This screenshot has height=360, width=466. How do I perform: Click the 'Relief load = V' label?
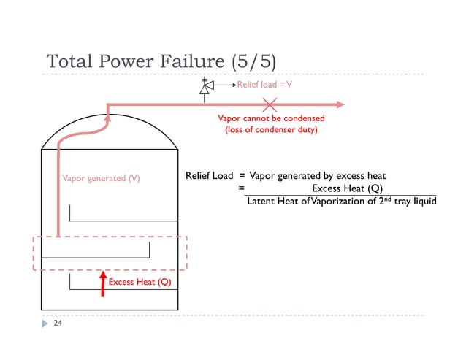tap(264, 85)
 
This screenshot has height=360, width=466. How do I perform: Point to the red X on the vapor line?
tap(270, 105)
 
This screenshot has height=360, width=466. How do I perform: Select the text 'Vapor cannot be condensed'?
tap(271, 118)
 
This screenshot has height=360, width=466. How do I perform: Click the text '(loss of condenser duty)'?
tap(271, 129)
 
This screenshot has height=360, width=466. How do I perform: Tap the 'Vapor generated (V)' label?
tap(101, 178)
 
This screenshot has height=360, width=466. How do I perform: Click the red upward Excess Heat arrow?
tap(103, 283)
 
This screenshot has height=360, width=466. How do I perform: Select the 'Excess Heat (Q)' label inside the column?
tap(140, 283)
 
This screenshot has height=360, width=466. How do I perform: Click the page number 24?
tap(56, 322)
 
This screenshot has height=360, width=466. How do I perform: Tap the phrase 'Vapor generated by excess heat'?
tap(317, 176)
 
